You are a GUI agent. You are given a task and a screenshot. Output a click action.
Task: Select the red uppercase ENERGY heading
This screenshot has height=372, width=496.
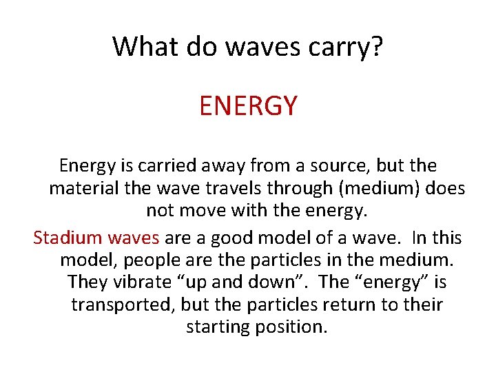[x=248, y=105]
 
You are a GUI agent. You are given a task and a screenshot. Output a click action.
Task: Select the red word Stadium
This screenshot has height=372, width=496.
[x=67, y=238]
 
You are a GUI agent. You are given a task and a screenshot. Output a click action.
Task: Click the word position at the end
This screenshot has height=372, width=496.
[x=291, y=327]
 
